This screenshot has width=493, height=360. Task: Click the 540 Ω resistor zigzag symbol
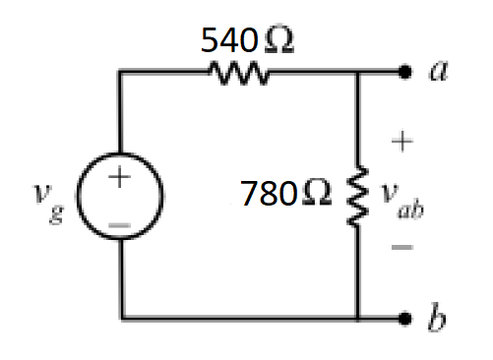(x=236, y=73)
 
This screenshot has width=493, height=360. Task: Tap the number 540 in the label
(x=226, y=40)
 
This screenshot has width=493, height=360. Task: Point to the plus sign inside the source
(x=119, y=178)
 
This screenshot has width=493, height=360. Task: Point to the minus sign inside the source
(x=119, y=225)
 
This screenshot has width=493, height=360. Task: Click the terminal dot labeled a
(x=404, y=73)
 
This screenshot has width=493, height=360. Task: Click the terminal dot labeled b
(x=404, y=319)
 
